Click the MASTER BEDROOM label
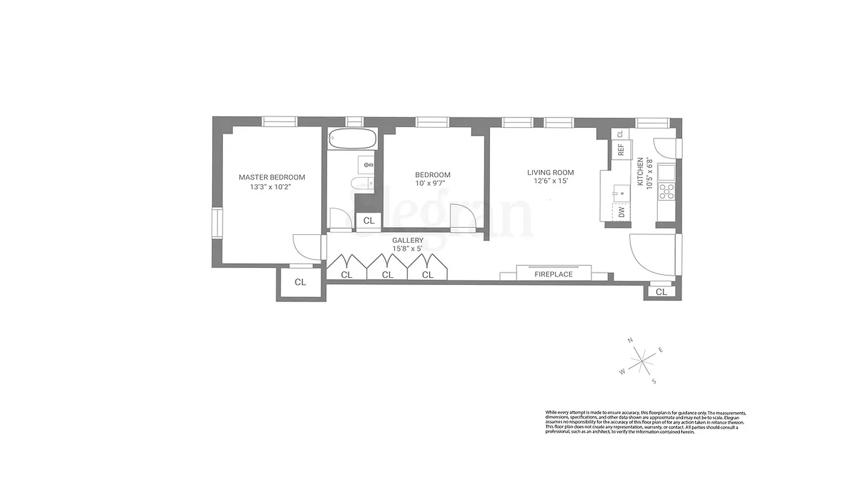pos(272,177)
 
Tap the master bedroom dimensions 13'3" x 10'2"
pos(272,187)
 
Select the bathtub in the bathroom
pos(353,140)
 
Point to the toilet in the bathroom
pos(361,184)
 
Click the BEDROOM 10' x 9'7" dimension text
pos(433,183)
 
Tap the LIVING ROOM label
pos(550,172)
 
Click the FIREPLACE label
pos(553,274)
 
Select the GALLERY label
pos(407,240)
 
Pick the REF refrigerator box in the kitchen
pos(621,149)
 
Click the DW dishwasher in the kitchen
pos(621,212)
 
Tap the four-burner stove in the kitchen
pos(666,192)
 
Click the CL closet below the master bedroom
pos(300,282)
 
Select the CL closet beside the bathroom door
pos(369,221)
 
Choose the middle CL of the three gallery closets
pos(388,275)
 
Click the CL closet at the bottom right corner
pos(661,292)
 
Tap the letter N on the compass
pos(630,340)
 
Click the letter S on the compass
pos(654,381)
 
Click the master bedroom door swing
pos(306,247)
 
